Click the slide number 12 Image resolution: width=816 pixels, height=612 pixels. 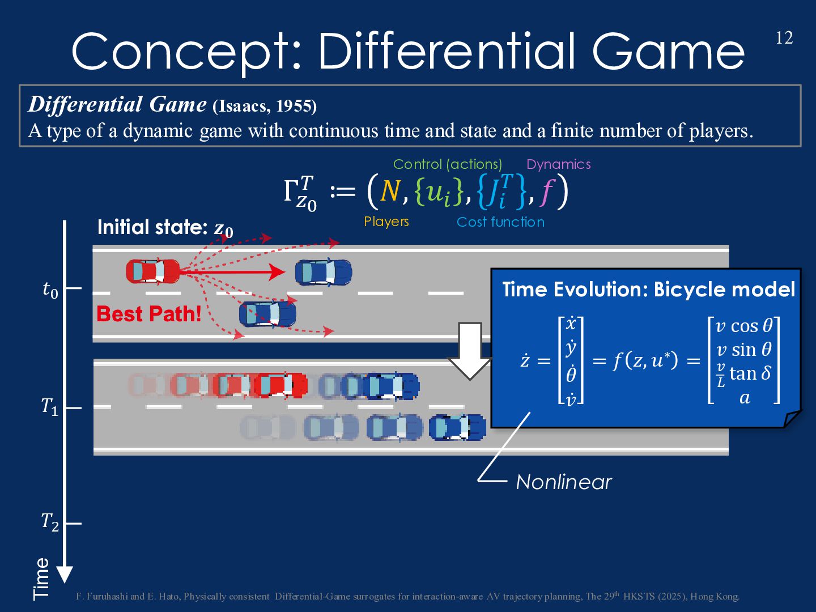click(x=784, y=38)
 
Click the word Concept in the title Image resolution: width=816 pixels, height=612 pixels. click(x=185, y=53)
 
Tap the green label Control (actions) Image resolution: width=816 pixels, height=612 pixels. click(x=448, y=164)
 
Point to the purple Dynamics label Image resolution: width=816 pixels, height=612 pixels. click(x=558, y=164)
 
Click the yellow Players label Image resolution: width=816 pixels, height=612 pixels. click(x=386, y=222)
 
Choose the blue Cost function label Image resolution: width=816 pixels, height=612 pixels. click(x=500, y=222)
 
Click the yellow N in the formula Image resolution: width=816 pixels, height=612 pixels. click(x=390, y=192)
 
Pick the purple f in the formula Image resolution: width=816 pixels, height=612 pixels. click(x=547, y=192)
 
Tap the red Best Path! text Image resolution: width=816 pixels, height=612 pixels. click(x=149, y=314)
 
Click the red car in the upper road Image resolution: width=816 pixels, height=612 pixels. click(x=152, y=271)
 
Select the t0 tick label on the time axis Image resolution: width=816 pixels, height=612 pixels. click(x=50, y=290)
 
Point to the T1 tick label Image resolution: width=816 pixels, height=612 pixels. click(x=50, y=406)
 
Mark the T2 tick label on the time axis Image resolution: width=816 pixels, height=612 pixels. click(x=50, y=521)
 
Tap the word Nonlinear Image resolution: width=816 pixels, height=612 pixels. click(x=564, y=482)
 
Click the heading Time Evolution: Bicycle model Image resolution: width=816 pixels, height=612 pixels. click(x=648, y=290)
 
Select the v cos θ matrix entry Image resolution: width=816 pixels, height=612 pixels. click(x=743, y=326)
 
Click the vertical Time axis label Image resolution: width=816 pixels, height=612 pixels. click(x=41, y=578)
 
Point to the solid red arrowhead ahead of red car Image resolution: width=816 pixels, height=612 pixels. click(x=277, y=272)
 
